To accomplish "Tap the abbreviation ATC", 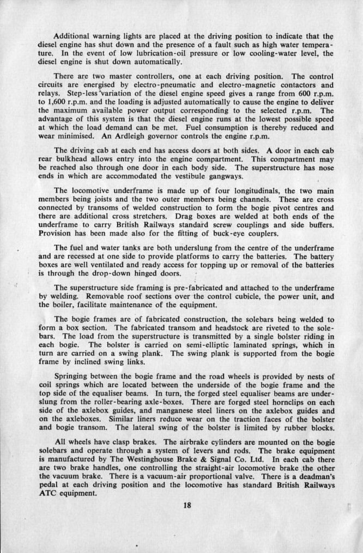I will coord(47,494).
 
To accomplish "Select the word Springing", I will coord(74,376).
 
